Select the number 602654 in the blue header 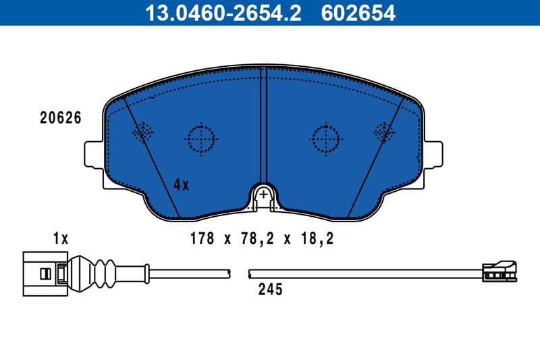tap(358, 12)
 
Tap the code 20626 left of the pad tap(61, 118)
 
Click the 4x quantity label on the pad tap(181, 184)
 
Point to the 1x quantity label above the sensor tap(61, 238)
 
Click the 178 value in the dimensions tap(202, 238)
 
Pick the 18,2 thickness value tap(320, 238)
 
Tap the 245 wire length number tap(269, 290)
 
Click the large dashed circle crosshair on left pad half tap(201, 140)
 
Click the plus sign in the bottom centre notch tap(265, 195)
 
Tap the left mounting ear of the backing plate tap(93, 154)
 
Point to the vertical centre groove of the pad tap(264, 122)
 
